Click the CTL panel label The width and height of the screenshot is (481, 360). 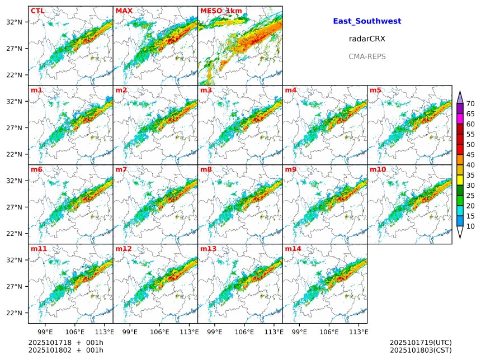(x=37, y=11)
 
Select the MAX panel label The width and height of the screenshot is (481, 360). (x=124, y=11)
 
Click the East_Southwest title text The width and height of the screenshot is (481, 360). (x=367, y=21)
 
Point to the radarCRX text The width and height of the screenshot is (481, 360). (x=367, y=39)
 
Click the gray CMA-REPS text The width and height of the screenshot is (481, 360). (x=367, y=56)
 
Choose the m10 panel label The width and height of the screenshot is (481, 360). (x=378, y=169)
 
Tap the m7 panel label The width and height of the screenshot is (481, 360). (x=121, y=169)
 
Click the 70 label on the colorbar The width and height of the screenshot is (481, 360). (x=470, y=104)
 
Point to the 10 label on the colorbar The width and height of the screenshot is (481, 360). (x=470, y=226)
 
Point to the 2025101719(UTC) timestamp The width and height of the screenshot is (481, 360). (x=421, y=342)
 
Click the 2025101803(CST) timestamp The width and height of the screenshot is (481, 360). (x=421, y=350)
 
